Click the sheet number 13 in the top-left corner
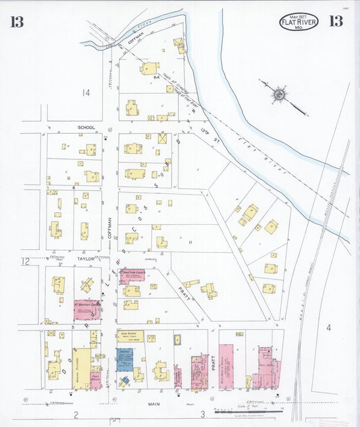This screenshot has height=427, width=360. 17,21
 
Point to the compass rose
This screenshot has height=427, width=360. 280,93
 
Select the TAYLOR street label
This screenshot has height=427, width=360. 85,259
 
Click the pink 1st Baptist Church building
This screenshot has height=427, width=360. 86,309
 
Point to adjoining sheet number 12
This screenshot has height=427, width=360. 25,261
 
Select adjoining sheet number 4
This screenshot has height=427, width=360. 329,328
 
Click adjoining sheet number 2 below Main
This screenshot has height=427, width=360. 76,415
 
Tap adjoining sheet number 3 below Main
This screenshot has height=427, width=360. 201,414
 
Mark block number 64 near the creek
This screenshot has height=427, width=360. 156,77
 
